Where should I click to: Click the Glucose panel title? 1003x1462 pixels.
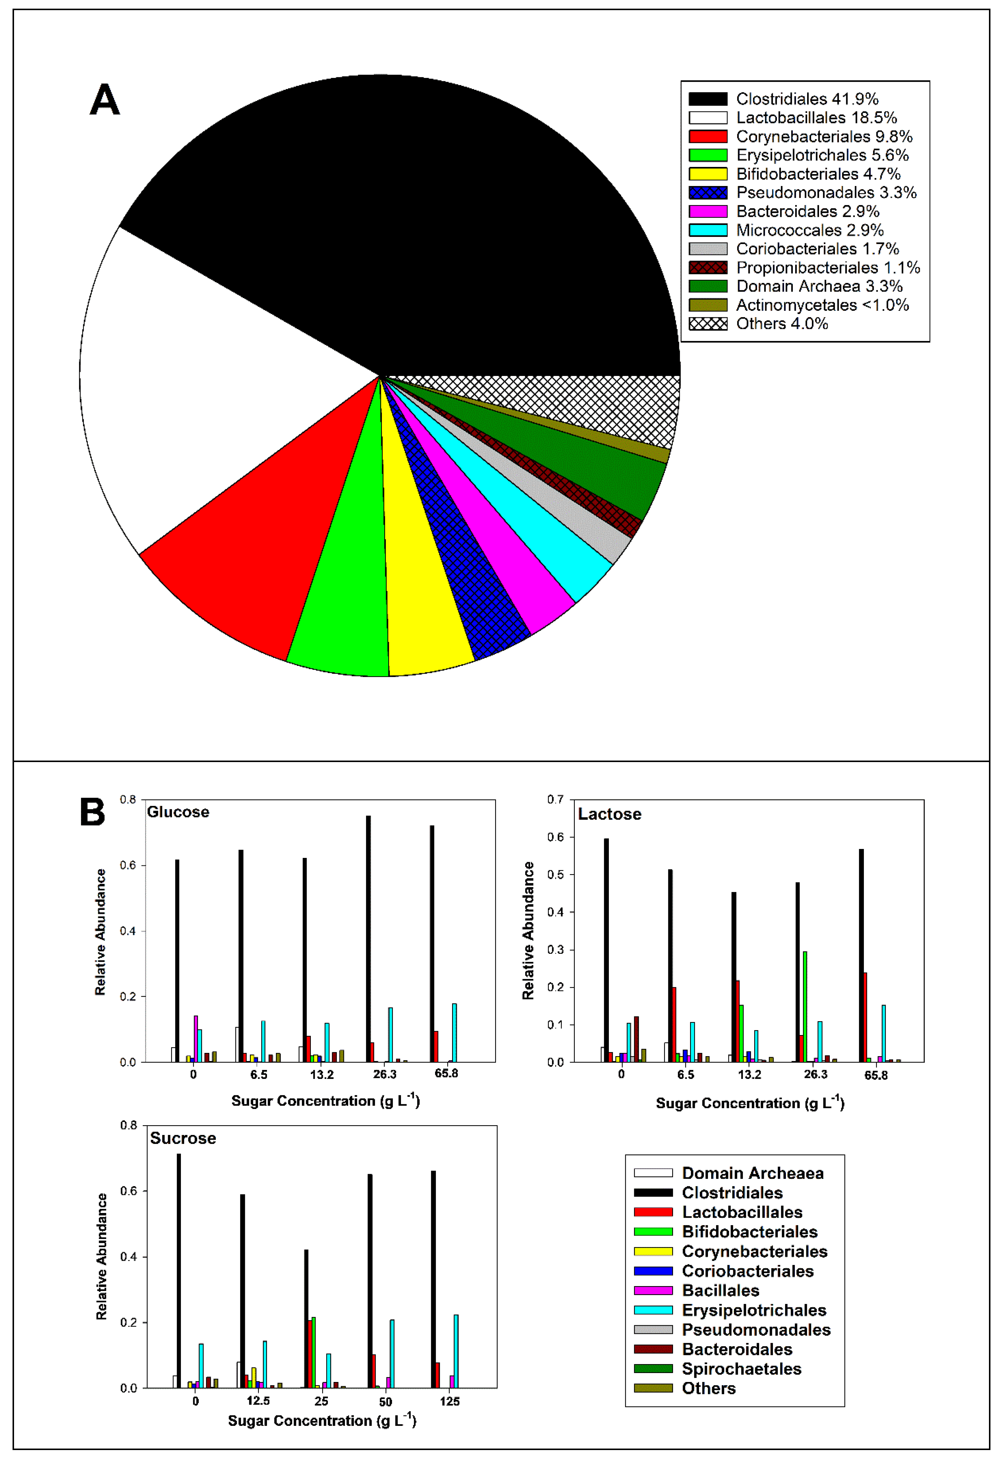pyautogui.click(x=178, y=812)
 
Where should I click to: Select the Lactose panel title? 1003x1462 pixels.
pyautogui.click(x=609, y=814)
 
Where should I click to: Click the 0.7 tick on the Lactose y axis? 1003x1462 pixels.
pyautogui.click(x=555, y=800)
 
